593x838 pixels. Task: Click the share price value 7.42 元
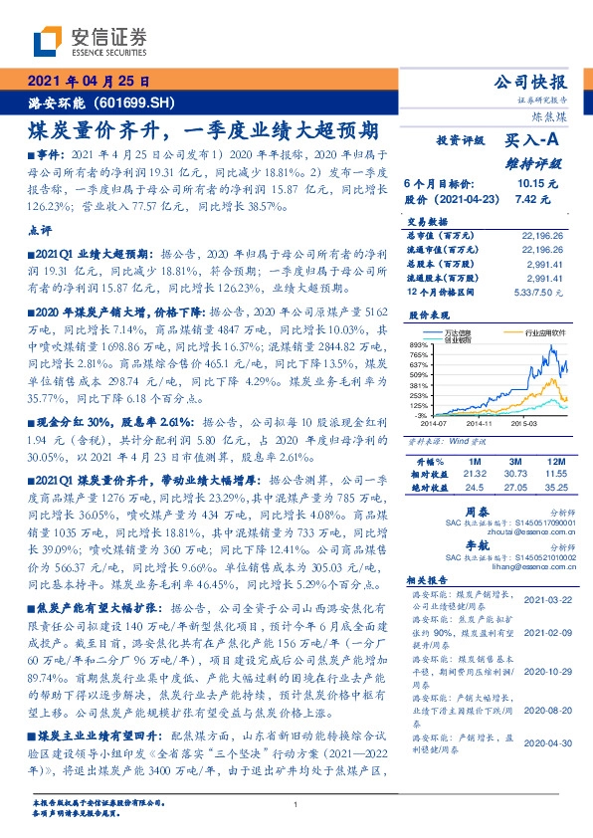tap(533, 197)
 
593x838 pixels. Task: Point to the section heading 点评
tap(40, 230)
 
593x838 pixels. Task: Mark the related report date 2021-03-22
tap(549, 599)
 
